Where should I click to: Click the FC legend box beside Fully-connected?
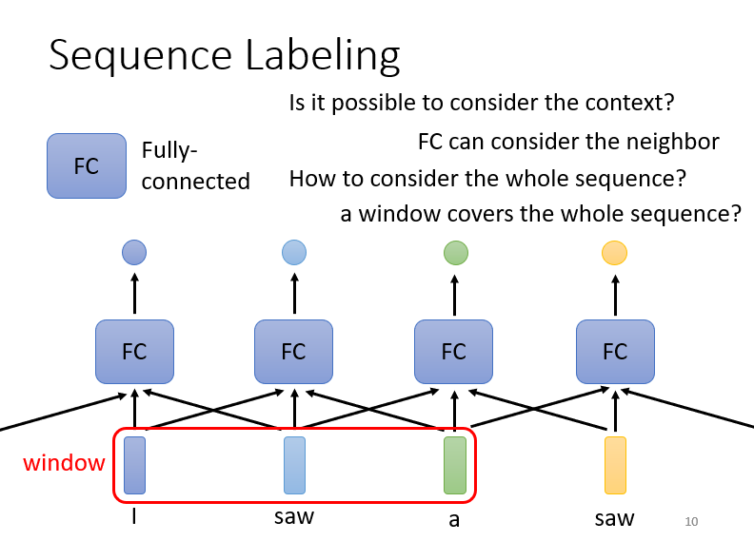[87, 165]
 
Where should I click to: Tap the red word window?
[64, 464]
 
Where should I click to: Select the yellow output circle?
[615, 253]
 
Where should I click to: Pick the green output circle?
[456, 253]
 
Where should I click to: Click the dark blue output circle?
[134, 253]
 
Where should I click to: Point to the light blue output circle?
[294, 253]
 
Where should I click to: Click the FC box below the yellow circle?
[615, 352]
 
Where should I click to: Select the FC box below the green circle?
[453, 352]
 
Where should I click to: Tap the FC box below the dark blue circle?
[134, 352]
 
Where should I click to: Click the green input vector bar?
[455, 465]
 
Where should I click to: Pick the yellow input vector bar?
[615, 465]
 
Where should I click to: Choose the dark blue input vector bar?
[134, 465]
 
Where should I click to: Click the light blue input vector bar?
[294, 465]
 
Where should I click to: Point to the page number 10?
[692, 522]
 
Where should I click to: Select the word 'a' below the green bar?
[454, 520]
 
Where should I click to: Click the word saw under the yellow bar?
[615, 518]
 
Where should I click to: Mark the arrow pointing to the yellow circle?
[615, 294]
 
